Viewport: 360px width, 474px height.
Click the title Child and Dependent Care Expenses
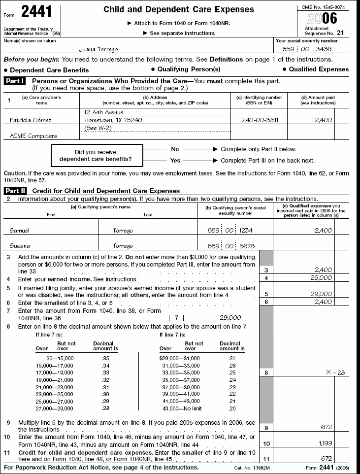179,10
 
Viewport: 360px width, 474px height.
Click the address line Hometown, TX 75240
113,120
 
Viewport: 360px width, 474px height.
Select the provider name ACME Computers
33,136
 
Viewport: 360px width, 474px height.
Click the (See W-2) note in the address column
97,128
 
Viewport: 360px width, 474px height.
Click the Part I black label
16,80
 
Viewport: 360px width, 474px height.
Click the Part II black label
16,191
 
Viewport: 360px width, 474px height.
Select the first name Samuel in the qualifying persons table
20,230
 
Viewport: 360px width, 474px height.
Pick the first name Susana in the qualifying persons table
20,246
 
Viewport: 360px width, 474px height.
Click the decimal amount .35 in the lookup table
105,357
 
